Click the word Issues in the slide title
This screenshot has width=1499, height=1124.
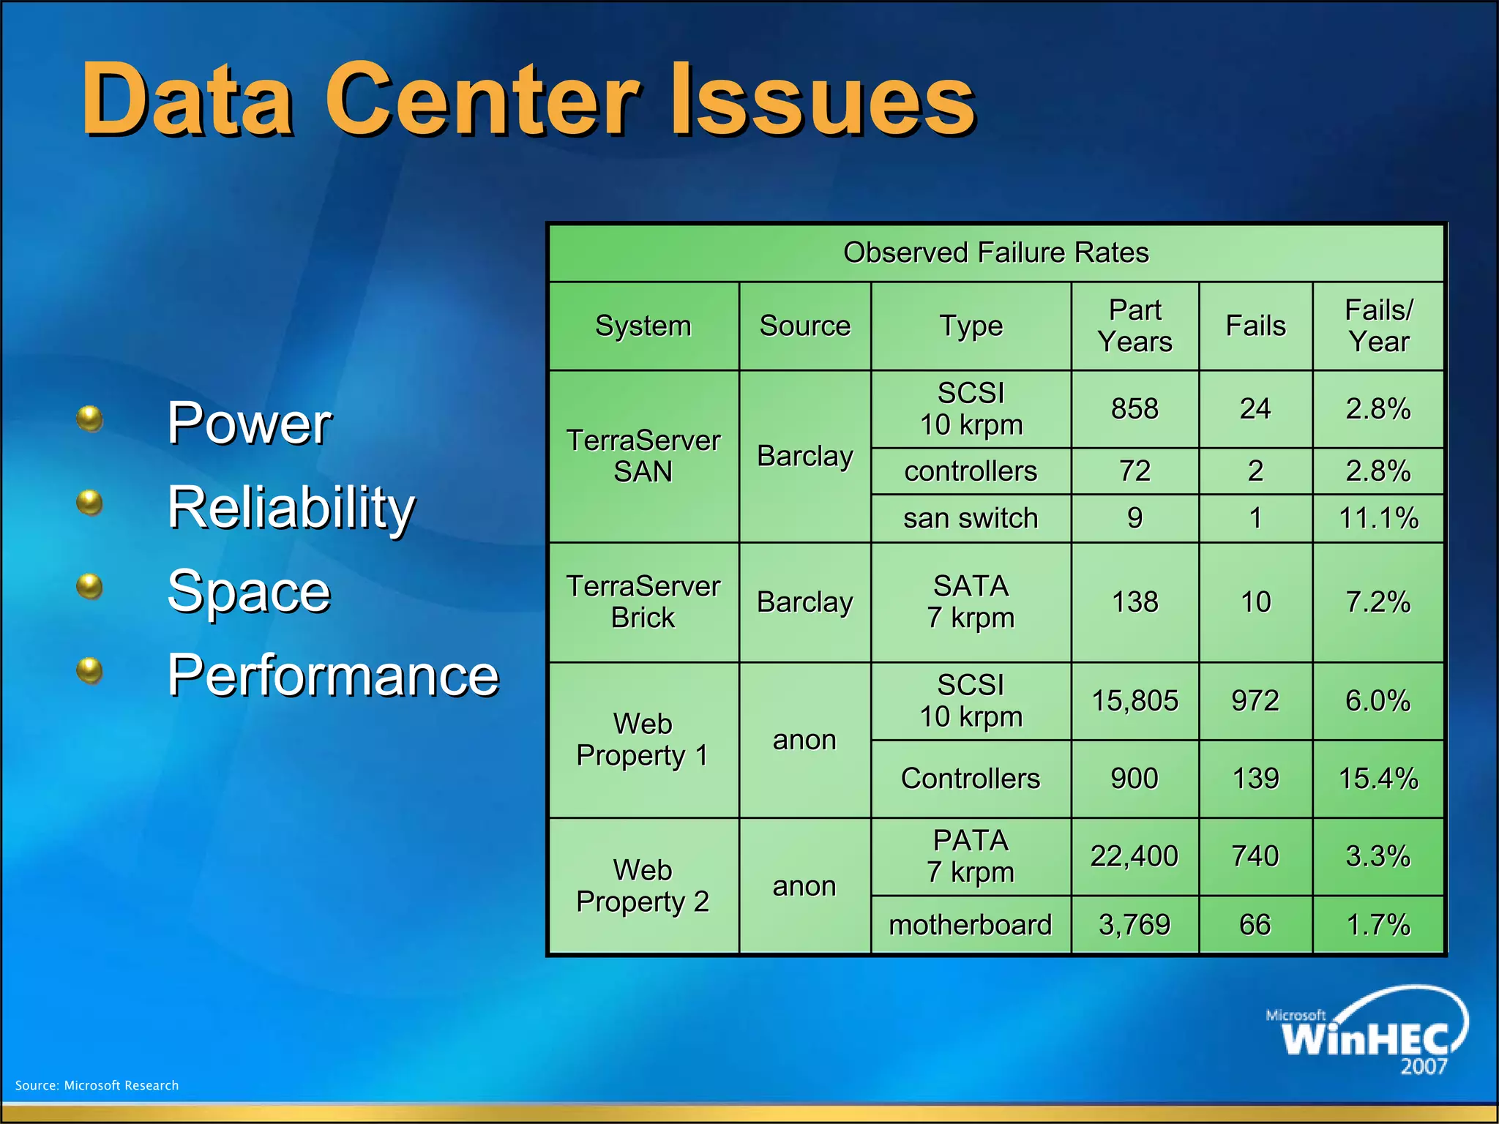pos(823,100)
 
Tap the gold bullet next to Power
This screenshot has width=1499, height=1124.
pos(89,419)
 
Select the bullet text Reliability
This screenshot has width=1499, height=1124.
pos(291,507)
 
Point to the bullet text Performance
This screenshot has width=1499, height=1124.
pos(332,675)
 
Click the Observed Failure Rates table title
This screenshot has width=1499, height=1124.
pos(995,252)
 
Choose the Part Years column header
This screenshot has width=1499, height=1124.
pos(1134,326)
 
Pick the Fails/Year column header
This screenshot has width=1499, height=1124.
pos(1378,326)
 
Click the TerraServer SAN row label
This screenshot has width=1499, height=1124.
pos(643,456)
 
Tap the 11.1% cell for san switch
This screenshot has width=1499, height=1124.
pos(1378,518)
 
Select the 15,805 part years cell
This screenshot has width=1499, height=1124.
pos(1134,701)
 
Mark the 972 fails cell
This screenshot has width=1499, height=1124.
pos(1255,701)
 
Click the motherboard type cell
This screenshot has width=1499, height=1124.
pos(970,925)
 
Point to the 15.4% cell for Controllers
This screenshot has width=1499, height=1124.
pos(1378,779)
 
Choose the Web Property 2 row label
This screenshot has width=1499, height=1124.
pos(643,885)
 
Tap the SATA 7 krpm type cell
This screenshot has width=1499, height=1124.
pos(970,602)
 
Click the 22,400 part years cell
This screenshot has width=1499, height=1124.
pos(1134,856)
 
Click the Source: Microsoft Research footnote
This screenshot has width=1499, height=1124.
pos(97,1085)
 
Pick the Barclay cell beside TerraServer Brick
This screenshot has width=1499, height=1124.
pos(804,602)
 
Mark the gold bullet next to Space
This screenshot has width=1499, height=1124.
pos(89,586)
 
